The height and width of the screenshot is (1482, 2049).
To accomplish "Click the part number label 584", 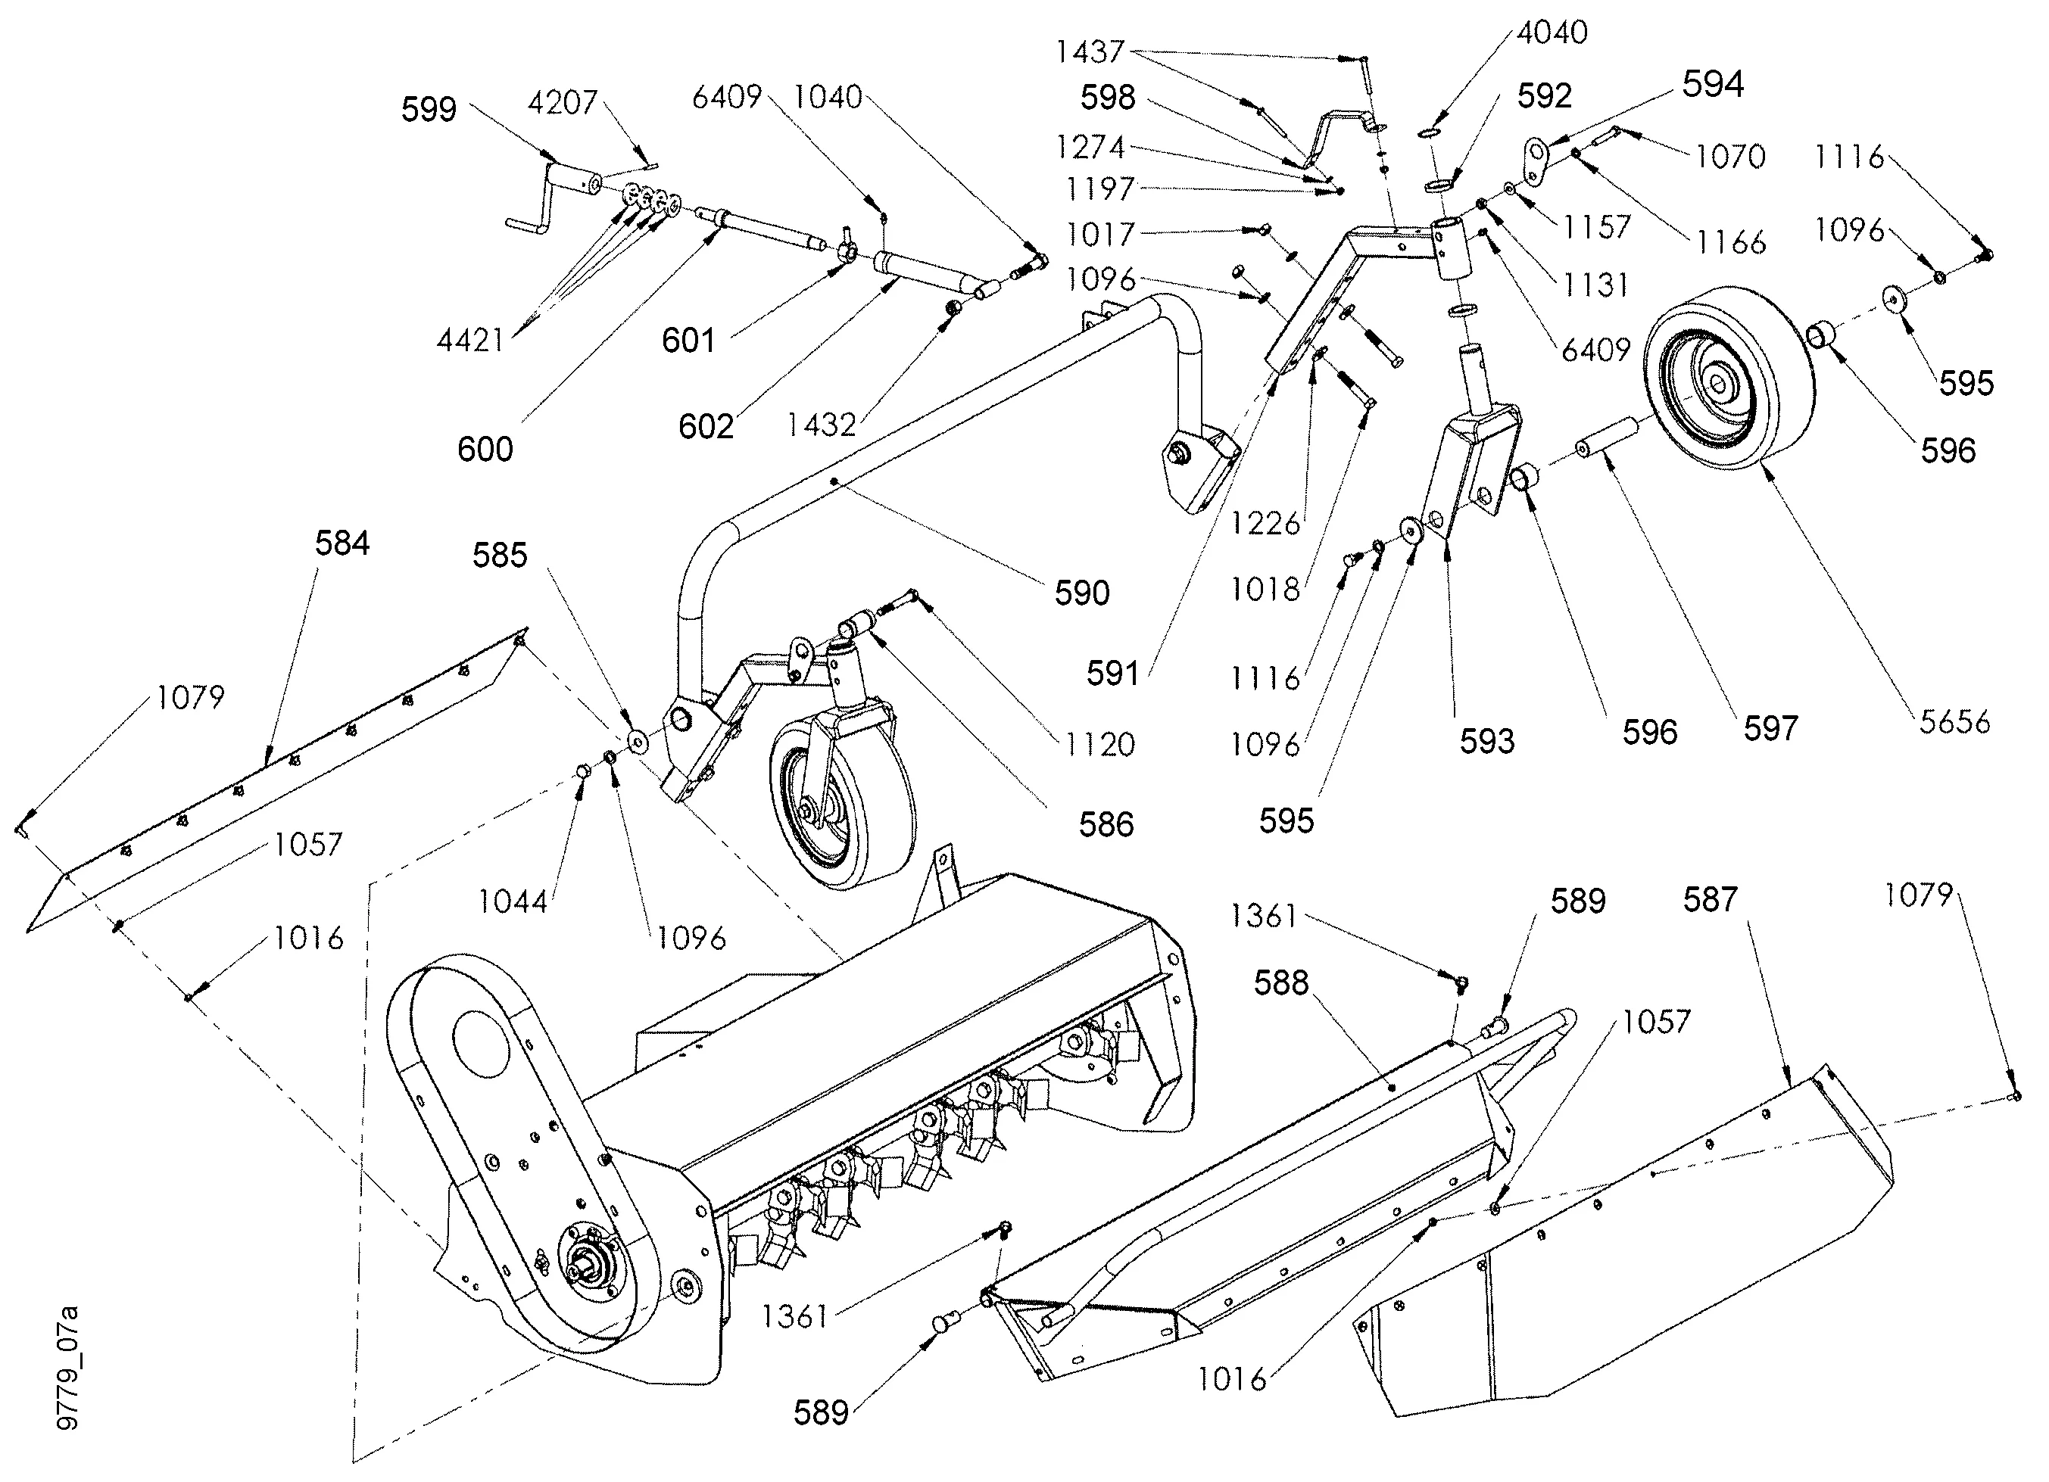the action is (x=341, y=543).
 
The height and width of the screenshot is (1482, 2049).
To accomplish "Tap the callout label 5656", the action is (x=1955, y=721).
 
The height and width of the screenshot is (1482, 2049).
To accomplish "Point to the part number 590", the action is (x=1081, y=593).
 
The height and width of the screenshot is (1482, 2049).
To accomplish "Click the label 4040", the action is (x=1552, y=33).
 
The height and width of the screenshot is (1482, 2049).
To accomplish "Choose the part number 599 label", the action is (x=429, y=109).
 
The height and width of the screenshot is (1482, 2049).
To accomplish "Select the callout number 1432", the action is (x=822, y=425).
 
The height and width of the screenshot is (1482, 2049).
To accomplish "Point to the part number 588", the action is (x=1281, y=982).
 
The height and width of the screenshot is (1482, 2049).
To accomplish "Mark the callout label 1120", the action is (x=1099, y=745).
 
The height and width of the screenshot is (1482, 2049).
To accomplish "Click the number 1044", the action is (x=513, y=901).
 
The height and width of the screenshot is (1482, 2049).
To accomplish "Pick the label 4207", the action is (x=563, y=103).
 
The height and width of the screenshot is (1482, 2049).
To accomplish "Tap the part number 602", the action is (x=706, y=426).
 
